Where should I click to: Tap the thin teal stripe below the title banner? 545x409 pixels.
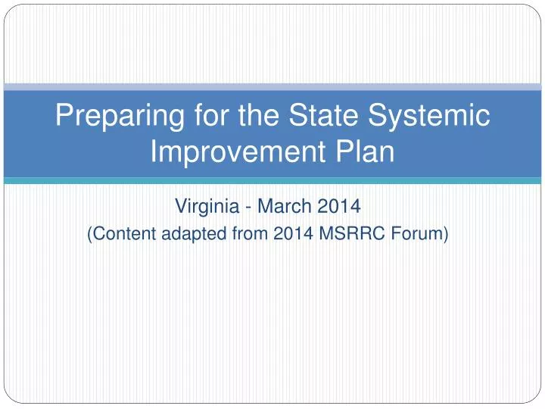pyautogui.click(x=272, y=180)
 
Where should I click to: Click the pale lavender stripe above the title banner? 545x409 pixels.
pyautogui.click(x=272, y=87)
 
